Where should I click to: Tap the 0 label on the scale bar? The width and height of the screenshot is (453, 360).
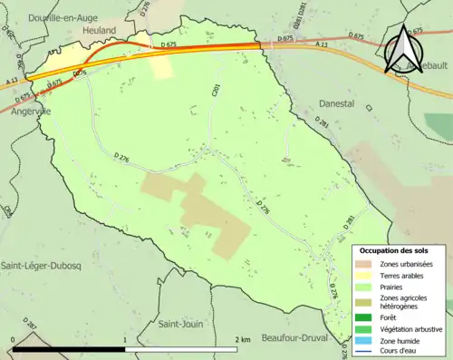click(x=12, y=339)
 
